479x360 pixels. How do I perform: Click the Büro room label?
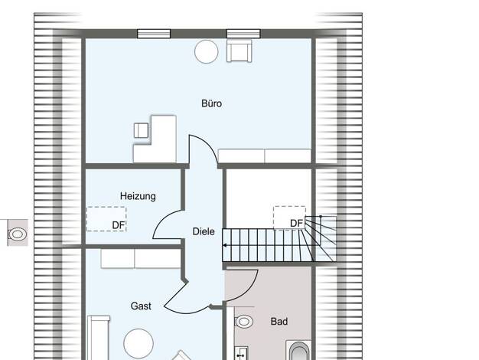pyautogui.click(x=211, y=103)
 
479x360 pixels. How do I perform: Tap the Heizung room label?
pyautogui.click(x=138, y=196)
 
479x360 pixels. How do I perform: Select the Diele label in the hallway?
pyautogui.click(x=204, y=231)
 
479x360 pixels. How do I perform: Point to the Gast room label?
pyautogui.click(x=141, y=306)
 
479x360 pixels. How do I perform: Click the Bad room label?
pyautogui.click(x=279, y=322)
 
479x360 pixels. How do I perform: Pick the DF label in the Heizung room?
pyautogui.click(x=119, y=225)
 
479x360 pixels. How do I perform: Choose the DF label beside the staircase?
pyautogui.click(x=296, y=224)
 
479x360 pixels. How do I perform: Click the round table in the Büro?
pyautogui.click(x=207, y=51)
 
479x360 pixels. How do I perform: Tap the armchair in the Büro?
pyautogui.click(x=239, y=51)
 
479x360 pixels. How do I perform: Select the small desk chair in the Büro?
pyautogui.click(x=141, y=130)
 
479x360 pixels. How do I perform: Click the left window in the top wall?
pyautogui.click(x=154, y=34)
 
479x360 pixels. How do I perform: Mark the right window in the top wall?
pyautogui.click(x=243, y=34)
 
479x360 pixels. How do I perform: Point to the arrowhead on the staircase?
pyautogui.click(x=225, y=245)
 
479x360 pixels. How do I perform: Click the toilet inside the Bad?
pyautogui.click(x=243, y=322)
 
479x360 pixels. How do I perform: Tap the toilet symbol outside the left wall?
pyautogui.click(x=18, y=234)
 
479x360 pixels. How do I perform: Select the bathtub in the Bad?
pyautogui.click(x=299, y=351)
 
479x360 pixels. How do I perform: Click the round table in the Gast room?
pyautogui.click(x=138, y=344)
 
